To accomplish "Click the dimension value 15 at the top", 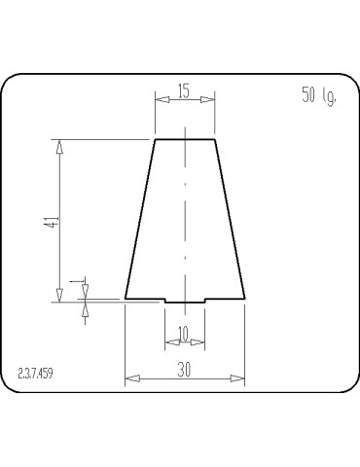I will pyautogui.click(x=184, y=91).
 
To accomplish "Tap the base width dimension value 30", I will pyautogui.click(x=184, y=370).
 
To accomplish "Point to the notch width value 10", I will pyautogui.click(x=184, y=333).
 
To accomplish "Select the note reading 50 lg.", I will pyautogui.click(x=318, y=96).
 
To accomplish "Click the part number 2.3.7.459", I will pyautogui.click(x=37, y=374).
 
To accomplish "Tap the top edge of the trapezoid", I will pyautogui.click(x=185, y=140).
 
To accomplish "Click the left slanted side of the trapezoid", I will pyautogui.click(x=141, y=219).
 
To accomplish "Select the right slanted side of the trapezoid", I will pyautogui.click(x=229, y=219).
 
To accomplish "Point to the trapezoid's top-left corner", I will pyautogui.click(x=156, y=140).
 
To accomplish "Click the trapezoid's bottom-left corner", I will pyautogui.click(x=126, y=298).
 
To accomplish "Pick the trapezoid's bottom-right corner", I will pyautogui.click(x=244, y=298).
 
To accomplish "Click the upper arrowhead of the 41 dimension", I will pyautogui.click(x=60, y=146).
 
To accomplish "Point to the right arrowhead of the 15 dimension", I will pyautogui.click(x=209, y=97).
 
